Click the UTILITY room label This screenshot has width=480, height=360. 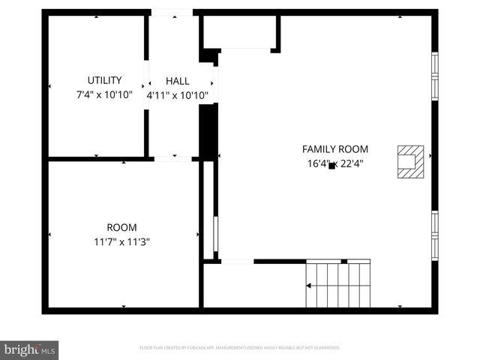pos(104,80)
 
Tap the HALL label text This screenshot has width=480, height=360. pos(178,81)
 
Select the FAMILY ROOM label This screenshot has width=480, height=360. pos(334,149)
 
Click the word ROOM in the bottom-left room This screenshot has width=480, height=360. pos(121,227)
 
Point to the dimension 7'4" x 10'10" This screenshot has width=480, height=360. pos(104,94)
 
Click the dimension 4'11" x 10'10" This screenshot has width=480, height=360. pos(178,95)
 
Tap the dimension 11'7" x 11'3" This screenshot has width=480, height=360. pos(121,241)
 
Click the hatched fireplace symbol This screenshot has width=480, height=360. pos(410,161)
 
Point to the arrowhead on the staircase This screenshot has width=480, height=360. pos(307,285)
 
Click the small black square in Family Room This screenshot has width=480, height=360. pos(331,165)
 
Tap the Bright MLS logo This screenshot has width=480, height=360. pos(29,349)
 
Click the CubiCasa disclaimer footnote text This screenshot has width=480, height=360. pos(240,348)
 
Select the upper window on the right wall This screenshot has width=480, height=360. pos(434,76)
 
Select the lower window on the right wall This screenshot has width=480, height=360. pos(434,235)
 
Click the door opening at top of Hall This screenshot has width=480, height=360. pos(172,13)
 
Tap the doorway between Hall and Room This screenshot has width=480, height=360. pos(172,158)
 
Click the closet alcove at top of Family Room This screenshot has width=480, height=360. pos(239,32)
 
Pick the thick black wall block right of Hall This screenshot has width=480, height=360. pos(208,131)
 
